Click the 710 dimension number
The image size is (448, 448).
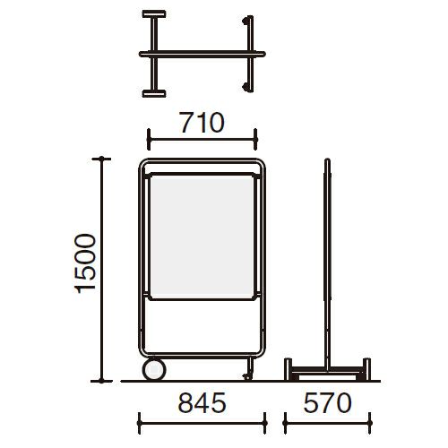202,123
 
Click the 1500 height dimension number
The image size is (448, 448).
85,263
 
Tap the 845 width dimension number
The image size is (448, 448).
202,403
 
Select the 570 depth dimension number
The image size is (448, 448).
327,403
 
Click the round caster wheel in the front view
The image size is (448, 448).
154,369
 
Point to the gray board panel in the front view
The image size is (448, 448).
202,237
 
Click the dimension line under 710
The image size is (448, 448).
202,139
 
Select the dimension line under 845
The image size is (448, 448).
202,423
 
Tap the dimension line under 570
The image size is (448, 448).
327,423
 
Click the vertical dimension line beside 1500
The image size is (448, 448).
101,270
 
